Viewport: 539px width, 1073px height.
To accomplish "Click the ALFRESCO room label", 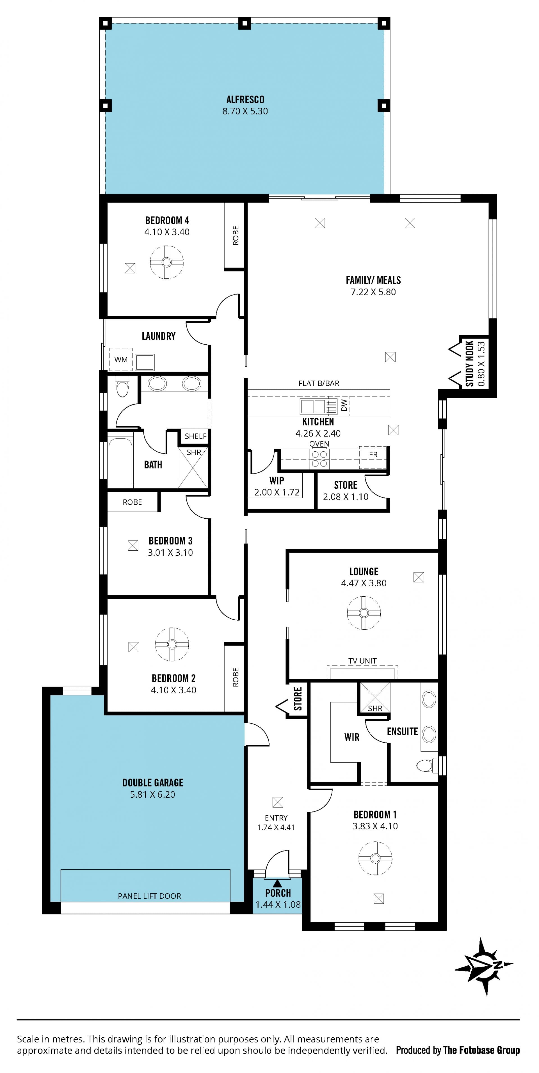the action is pyautogui.click(x=245, y=100).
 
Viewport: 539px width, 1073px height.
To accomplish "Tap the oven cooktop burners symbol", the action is pyautogui.click(x=319, y=459).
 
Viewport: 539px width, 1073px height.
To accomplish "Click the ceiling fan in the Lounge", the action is pyautogui.click(x=364, y=613).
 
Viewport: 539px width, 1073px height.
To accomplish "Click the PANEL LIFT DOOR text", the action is pyautogui.click(x=150, y=896).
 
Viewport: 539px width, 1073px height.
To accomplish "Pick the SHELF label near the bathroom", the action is pyautogui.click(x=195, y=436).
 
